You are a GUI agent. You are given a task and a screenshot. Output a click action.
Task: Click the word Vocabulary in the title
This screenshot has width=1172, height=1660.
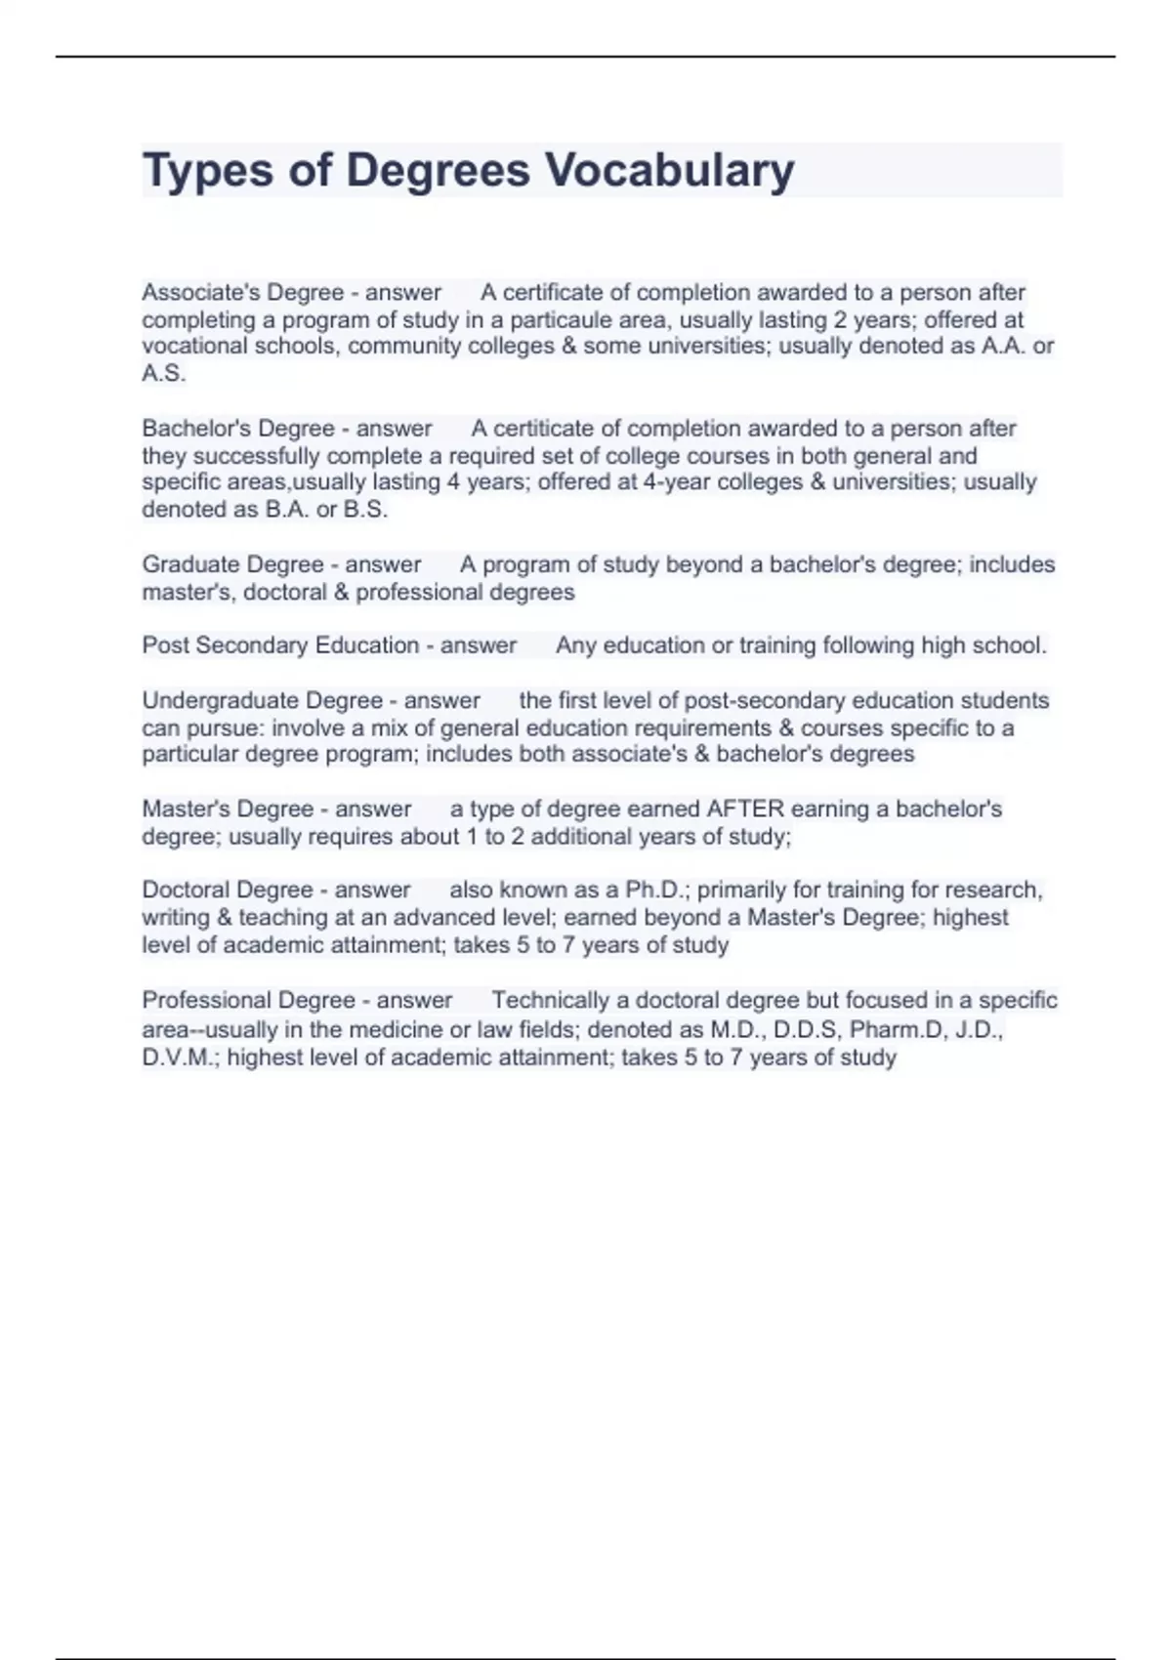point(669,171)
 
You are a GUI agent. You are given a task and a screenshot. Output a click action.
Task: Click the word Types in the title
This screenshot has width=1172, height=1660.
point(206,171)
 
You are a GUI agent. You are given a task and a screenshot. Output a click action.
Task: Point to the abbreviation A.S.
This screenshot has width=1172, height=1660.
point(163,373)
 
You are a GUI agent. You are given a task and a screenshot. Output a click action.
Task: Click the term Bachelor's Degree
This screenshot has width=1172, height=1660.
point(238,429)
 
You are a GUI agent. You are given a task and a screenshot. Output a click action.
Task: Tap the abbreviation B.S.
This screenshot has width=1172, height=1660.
point(365,510)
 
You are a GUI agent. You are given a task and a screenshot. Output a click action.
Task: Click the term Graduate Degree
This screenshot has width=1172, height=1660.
point(232,564)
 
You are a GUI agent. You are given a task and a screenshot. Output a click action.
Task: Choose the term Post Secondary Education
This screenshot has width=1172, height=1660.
point(280,645)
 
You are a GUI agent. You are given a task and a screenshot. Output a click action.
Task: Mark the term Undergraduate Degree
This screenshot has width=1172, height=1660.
point(262,700)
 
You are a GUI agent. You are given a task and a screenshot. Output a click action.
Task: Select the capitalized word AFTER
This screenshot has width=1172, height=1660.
point(745,809)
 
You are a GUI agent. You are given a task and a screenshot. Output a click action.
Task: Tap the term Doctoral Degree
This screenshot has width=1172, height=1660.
point(228,890)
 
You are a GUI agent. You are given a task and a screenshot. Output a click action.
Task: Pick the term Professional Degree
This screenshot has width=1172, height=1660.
point(248,1000)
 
